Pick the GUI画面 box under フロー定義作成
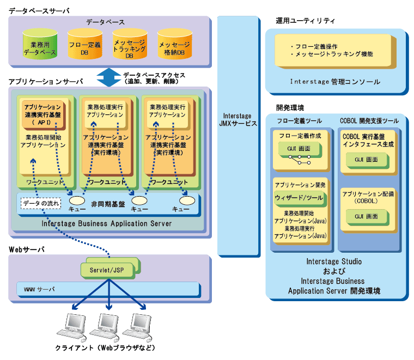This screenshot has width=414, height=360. click(298, 149)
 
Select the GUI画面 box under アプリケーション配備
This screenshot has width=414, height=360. click(366, 216)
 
